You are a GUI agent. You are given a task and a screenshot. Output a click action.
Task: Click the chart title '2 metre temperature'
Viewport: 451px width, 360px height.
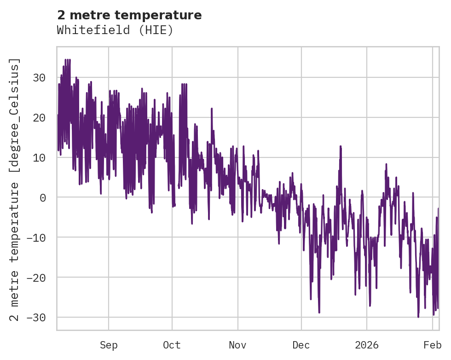[x=129, y=15]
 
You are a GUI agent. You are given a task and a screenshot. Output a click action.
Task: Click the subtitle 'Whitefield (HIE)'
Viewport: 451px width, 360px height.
[x=115, y=30]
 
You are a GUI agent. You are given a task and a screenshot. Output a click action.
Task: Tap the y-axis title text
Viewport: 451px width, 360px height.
[x=15, y=189]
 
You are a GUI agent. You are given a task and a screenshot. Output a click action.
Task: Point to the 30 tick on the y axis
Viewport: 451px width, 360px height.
[x=39, y=77]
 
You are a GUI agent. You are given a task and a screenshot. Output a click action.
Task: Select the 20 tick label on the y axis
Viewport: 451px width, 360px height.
[x=39, y=117]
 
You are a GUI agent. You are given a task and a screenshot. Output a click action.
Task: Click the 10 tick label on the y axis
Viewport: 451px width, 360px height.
[x=39, y=157]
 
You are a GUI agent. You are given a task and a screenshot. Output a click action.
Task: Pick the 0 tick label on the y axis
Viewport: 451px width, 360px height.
[x=42, y=197]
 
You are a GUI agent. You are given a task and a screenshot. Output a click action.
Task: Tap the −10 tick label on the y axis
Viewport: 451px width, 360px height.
[x=36, y=238]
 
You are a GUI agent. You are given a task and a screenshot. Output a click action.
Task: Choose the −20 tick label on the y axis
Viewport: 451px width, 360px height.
[x=36, y=278]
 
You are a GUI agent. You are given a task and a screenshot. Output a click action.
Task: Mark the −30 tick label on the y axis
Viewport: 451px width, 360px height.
[x=36, y=318]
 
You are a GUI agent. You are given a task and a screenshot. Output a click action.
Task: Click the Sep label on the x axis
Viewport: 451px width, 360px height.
[x=109, y=345]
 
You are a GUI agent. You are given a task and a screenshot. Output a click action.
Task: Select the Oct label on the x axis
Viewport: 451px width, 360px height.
[x=172, y=345]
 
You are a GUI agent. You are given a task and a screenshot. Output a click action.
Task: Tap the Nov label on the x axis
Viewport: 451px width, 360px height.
[x=238, y=345]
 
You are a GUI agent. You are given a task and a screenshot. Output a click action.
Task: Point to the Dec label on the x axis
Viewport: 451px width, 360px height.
[x=301, y=345]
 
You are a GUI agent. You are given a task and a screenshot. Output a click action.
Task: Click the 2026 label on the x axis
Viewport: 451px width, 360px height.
[x=367, y=345]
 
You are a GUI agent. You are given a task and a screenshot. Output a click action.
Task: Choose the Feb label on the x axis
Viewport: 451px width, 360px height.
[x=433, y=345]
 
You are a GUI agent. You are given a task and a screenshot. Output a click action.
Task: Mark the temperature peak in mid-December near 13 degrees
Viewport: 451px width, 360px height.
[x=341, y=146]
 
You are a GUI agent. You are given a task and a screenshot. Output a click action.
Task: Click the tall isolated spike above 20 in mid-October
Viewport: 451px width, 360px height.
[x=212, y=109]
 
